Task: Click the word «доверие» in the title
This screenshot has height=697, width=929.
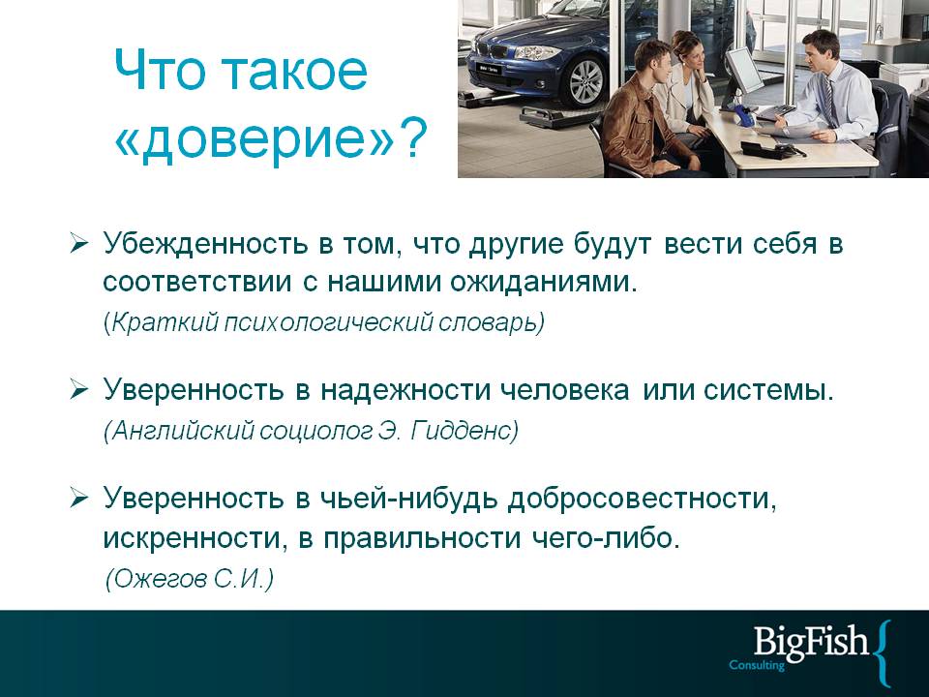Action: coord(253,138)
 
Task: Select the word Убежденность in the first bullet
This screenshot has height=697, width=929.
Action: coord(205,243)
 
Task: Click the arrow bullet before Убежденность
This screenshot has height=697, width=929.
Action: coord(78,243)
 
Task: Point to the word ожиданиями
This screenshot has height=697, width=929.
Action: coord(543,282)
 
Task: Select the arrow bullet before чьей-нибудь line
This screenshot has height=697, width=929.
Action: coord(78,498)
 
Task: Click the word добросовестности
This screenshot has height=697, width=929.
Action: coord(642,500)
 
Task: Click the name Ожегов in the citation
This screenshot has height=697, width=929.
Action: coord(160,579)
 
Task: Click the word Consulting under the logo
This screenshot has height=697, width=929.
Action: coord(757,665)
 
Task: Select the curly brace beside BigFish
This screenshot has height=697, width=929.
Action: coord(884,653)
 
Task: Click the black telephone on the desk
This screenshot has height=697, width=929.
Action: coord(771,148)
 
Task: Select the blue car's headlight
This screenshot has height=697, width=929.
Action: coord(536,52)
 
